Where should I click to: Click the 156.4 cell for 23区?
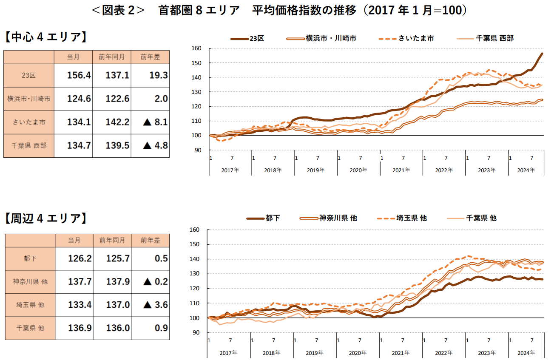pyautogui.click(x=79, y=75)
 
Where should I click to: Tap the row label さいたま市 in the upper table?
pyautogui.click(x=28, y=122)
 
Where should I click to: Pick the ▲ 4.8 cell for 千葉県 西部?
pyautogui.click(x=155, y=145)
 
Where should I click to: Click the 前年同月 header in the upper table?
pyautogui.click(x=111, y=57)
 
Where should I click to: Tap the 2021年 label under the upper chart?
pyautogui.click(x=401, y=170)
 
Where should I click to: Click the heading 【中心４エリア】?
pyautogui.click(x=46, y=37)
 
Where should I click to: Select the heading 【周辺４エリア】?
pyautogui.click(x=46, y=219)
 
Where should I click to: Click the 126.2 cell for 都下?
pyautogui.click(x=80, y=258)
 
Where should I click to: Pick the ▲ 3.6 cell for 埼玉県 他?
pyautogui.click(x=155, y=305)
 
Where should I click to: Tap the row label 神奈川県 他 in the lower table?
pyautogui.click(x=30, y=281)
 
